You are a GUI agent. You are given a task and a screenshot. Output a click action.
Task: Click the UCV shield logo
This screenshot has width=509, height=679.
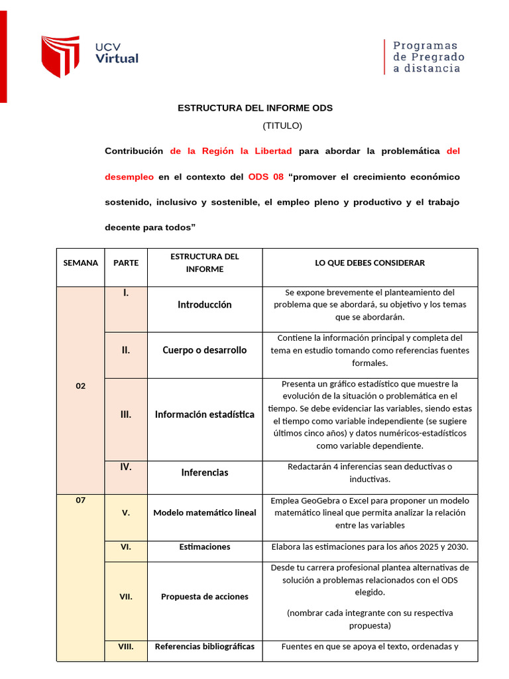60,56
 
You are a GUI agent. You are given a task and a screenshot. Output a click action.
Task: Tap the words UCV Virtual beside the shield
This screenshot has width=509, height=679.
117,53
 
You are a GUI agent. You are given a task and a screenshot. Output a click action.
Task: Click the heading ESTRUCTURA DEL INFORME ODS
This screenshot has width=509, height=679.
255,107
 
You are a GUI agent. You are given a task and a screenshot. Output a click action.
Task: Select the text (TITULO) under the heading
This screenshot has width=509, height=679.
282,125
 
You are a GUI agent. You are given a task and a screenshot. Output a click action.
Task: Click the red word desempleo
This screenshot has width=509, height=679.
129,177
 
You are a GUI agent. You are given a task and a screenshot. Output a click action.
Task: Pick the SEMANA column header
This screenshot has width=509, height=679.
80,263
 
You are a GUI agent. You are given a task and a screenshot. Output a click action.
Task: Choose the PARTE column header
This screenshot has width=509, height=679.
126,263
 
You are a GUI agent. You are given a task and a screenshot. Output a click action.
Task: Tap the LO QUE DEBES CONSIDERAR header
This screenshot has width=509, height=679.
370,263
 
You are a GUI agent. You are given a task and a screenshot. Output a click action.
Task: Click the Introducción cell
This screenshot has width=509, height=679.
205,305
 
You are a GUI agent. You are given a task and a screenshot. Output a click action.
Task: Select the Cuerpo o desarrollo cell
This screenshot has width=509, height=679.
205,350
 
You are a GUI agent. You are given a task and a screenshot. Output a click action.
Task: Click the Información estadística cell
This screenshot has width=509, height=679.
205,414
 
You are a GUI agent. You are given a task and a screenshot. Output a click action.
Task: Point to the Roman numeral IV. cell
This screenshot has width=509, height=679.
126,467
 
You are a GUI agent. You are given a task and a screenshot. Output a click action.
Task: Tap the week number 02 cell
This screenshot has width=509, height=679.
80,386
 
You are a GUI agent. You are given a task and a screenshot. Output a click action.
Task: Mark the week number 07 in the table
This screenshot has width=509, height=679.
80,501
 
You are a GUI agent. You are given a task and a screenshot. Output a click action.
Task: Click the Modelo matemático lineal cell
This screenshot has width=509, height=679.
205,513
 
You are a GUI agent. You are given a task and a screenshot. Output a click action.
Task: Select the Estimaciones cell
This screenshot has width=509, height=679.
205,547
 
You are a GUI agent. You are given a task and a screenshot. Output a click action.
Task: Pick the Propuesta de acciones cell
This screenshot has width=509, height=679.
205,596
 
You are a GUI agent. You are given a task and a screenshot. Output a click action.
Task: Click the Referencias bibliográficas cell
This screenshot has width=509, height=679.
205,647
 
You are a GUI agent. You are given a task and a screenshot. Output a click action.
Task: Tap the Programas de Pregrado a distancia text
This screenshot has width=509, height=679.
428,56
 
